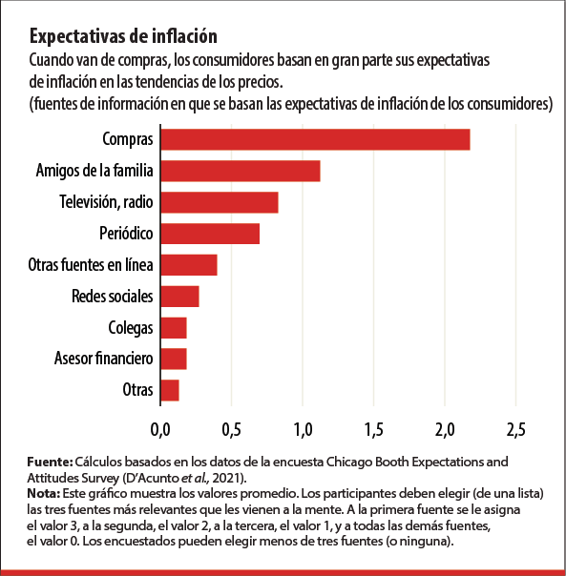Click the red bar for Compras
[x=315, y=139]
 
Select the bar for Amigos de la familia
[x=240, y=171]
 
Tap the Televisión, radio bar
[x=219, y=202]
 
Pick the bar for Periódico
[x=209, y=233]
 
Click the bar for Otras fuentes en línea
[x=188, y=264]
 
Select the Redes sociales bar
[x=179, y=296]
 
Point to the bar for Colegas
[x=173, y=327]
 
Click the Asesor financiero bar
[x=173, y=359]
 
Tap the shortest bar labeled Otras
[x=169, y=390]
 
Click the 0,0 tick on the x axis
[x=160, y=425]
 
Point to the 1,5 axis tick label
[x=373, y=425]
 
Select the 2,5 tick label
[x=515, y=425]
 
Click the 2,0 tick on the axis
[x=445, y=425]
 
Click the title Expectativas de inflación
[x=124, y=36]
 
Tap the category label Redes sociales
[x=113, y=296]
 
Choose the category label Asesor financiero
[x=104, y=359]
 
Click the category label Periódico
[x=126, y=233]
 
